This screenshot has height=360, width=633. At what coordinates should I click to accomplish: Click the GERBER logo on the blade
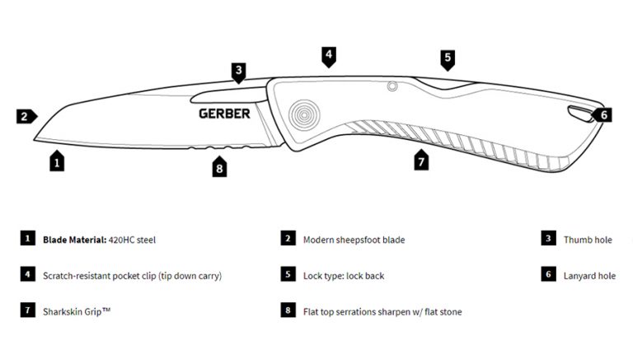pos(224,114)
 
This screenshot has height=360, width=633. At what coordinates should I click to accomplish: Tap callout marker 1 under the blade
pos(57,161)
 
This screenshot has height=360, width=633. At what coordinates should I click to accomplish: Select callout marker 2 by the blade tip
pos(26,116)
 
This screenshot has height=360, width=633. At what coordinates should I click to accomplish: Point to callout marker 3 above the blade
pos(238,73)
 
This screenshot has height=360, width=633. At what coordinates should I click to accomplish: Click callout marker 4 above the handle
pos(329,57)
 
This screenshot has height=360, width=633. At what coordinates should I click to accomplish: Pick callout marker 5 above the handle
pos(448,60)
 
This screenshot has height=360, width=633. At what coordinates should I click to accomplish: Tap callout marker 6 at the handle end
pos(602,115)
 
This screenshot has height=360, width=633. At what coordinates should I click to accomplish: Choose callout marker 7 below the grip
pos(421,160)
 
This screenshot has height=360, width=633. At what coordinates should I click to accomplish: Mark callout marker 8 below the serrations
pos(219,166)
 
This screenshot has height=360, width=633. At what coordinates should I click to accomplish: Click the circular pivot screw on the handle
pos(304,115)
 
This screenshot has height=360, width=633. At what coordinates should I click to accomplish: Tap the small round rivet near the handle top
pos(392,86)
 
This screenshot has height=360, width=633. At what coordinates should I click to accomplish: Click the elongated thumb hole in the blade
pos(229,96)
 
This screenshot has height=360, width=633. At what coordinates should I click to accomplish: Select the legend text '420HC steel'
pos(132,240)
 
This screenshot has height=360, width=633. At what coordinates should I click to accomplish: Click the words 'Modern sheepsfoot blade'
pos(354,240)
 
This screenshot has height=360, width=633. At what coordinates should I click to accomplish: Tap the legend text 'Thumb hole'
pos(588,240)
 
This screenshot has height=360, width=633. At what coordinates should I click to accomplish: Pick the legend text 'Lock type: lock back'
pos(344,276)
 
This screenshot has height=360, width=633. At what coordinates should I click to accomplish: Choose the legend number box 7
pos(28,310)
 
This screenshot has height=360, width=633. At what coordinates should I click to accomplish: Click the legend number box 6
pos(549,274)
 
